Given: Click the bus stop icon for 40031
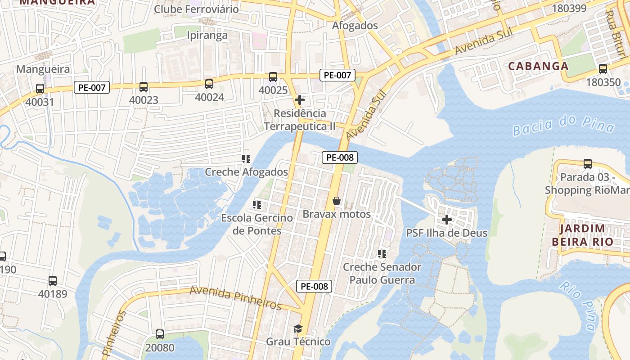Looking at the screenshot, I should [40, 89].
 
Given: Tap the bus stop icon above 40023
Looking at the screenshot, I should [144, 87].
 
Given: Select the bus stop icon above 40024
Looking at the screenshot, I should [209, 84].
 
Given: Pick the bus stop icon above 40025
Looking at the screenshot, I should [273, 77].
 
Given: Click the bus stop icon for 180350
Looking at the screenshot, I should [603, 69].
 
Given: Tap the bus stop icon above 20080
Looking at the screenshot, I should [160, 334].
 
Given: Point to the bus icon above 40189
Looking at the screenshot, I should [53, 281].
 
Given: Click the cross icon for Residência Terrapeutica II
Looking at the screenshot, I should [300, 100].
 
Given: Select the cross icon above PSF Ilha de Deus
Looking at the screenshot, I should [447, 220].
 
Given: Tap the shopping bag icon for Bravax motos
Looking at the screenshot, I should [337, 201].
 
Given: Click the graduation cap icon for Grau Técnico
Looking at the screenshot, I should [298, 328].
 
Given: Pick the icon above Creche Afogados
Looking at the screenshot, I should [246, 158].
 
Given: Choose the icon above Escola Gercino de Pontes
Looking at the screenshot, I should [257, 205].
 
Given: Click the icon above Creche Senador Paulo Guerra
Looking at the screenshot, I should [382, 254].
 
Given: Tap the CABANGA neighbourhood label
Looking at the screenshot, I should [538, 66].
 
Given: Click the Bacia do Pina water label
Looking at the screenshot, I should [563, 125].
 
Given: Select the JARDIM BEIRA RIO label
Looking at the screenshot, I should [582, 235].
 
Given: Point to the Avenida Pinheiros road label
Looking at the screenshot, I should [235, 298].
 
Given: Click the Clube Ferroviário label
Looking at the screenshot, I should [197, 9].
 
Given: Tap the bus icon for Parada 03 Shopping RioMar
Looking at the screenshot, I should [587, 164].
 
